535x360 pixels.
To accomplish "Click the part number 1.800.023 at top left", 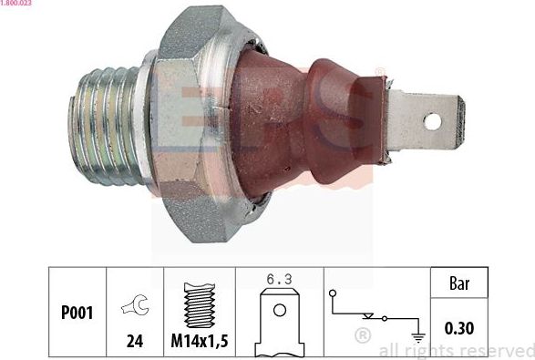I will click(x=17, y=5).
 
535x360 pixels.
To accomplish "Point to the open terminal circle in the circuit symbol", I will click(x=333, y=293).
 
